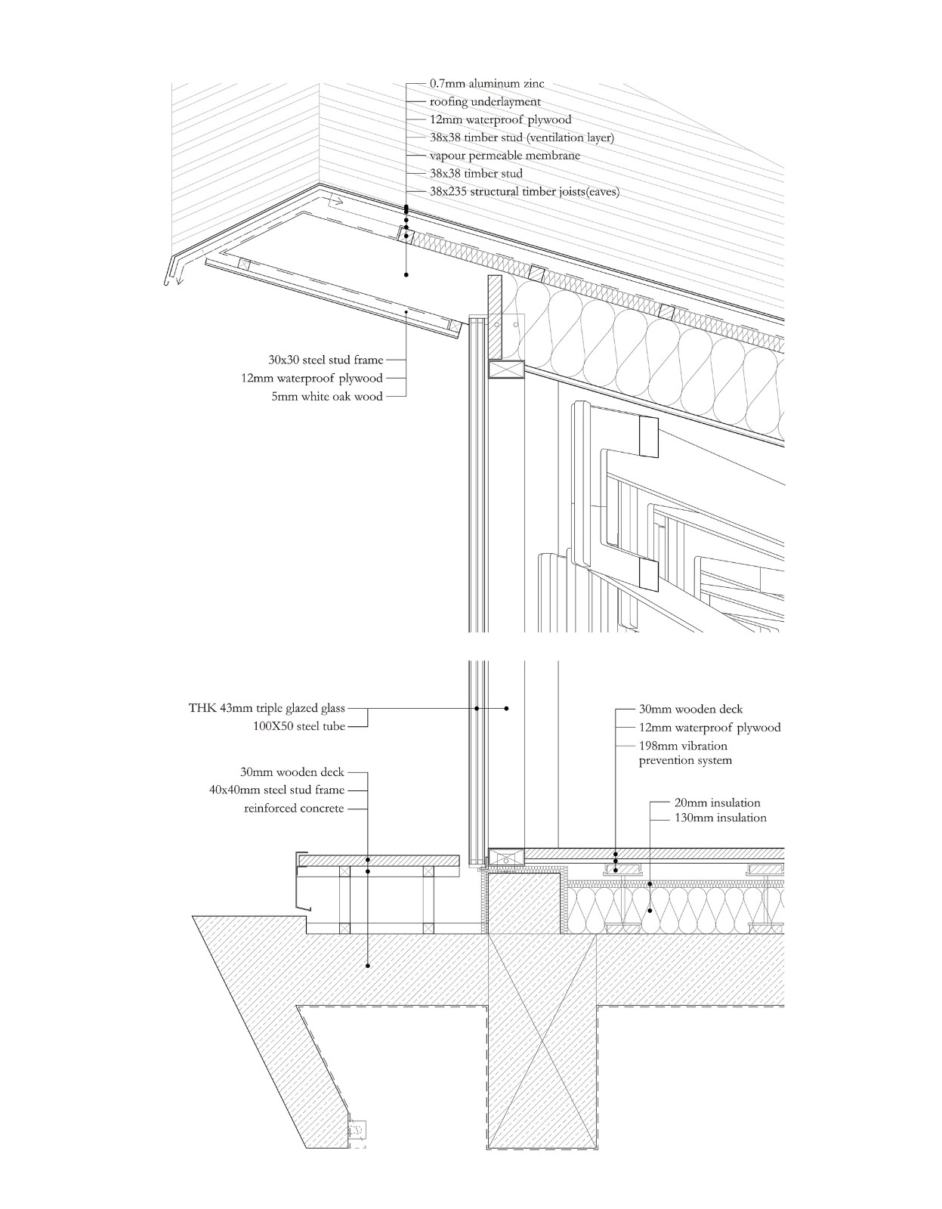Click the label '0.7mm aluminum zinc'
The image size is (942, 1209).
tap(486, 84)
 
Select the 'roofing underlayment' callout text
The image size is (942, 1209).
tap(485, 102)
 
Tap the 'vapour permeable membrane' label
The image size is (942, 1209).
tap(505, 156)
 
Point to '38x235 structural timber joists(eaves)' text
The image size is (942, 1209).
tap(524, 192)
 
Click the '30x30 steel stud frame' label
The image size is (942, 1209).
tap(326, 360)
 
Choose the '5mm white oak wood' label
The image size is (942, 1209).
tap(327, 397)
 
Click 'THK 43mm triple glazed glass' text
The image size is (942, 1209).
tap(267, 709)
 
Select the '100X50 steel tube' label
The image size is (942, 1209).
tap(298, 727)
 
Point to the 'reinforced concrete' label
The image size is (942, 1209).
tap(294, 809)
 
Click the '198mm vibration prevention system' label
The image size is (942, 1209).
tap(684, 753)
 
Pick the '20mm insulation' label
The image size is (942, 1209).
tap(717, 803)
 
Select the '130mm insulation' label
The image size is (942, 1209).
tap(720, 818)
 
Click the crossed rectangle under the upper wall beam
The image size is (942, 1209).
tap(506, 370)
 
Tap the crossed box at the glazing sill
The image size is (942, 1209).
tap(506, 858)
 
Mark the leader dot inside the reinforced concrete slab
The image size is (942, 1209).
tap(368, 966)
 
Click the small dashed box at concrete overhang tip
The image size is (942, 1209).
tap(356, 1130)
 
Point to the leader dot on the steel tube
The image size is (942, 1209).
tap(506, 709)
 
